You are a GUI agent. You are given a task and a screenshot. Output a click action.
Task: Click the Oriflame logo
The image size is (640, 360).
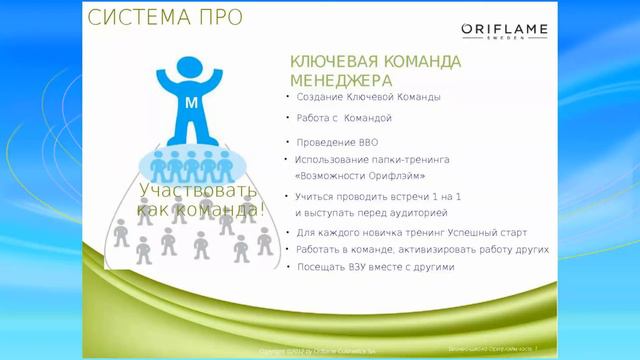504,29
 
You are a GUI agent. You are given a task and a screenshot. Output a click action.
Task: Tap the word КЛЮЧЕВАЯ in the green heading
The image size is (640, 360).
331,62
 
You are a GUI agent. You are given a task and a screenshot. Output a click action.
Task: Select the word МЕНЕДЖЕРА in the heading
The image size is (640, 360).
340,80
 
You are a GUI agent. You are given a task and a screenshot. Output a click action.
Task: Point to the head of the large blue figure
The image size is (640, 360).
192,68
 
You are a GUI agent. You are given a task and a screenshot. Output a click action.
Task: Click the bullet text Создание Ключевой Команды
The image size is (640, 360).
368,97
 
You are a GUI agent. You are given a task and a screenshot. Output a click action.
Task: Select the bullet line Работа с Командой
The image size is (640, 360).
344,118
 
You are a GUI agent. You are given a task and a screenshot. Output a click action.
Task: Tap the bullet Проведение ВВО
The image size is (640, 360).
337,142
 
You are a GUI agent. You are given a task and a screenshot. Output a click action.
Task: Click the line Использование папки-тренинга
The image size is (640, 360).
372,159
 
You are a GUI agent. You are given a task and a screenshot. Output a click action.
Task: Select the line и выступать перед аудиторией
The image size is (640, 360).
370,213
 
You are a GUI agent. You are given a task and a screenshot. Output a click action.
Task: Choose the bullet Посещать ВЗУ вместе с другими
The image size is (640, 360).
375,267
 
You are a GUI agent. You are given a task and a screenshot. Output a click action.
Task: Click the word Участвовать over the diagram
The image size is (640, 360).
198,190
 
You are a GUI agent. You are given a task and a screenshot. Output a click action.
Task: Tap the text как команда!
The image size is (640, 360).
201,209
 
